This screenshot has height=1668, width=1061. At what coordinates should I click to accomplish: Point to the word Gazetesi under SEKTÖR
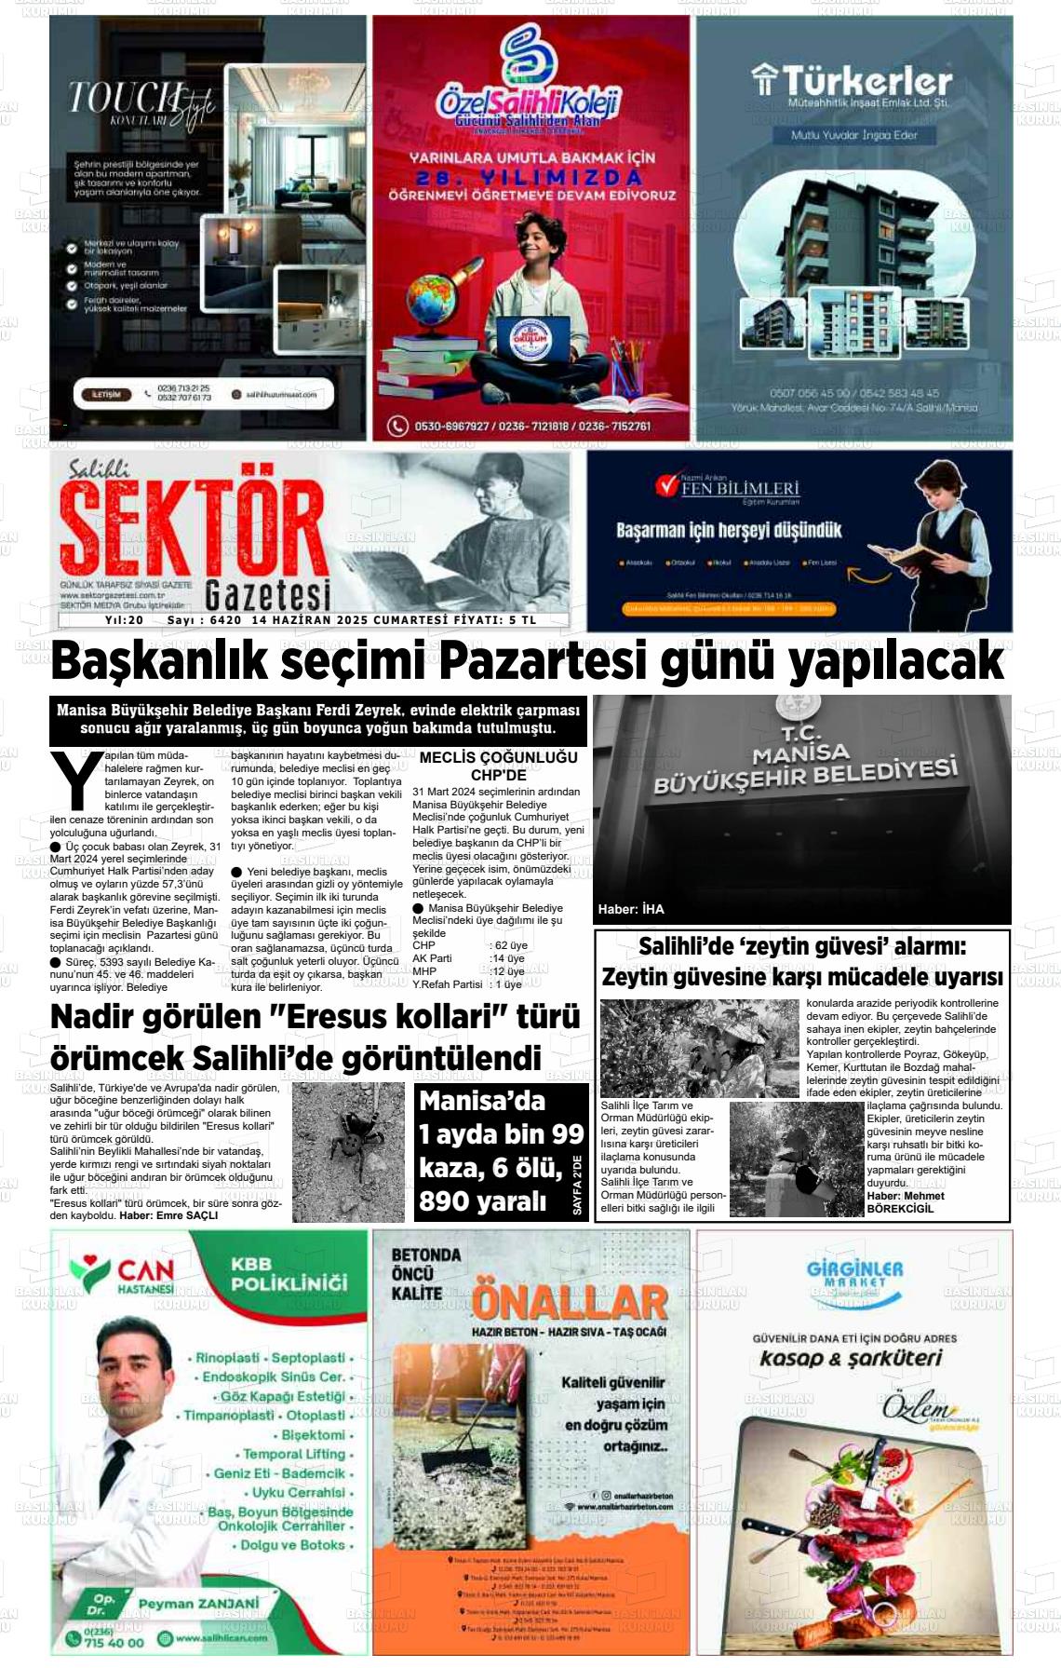coord(267,594)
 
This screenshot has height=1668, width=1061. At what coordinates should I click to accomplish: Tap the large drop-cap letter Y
coord(76,780)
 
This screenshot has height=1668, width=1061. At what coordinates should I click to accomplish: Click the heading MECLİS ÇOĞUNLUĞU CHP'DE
coord(498,766)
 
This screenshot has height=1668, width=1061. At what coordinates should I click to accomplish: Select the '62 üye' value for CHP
coord(511,945)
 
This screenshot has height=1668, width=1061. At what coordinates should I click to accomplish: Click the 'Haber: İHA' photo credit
coord(631,909)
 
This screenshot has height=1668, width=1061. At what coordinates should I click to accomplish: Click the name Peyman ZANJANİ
coord(198,1603)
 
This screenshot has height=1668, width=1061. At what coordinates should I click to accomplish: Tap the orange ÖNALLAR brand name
coord(570,1302)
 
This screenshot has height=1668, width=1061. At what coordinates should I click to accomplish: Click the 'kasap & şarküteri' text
coord(851,1358)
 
